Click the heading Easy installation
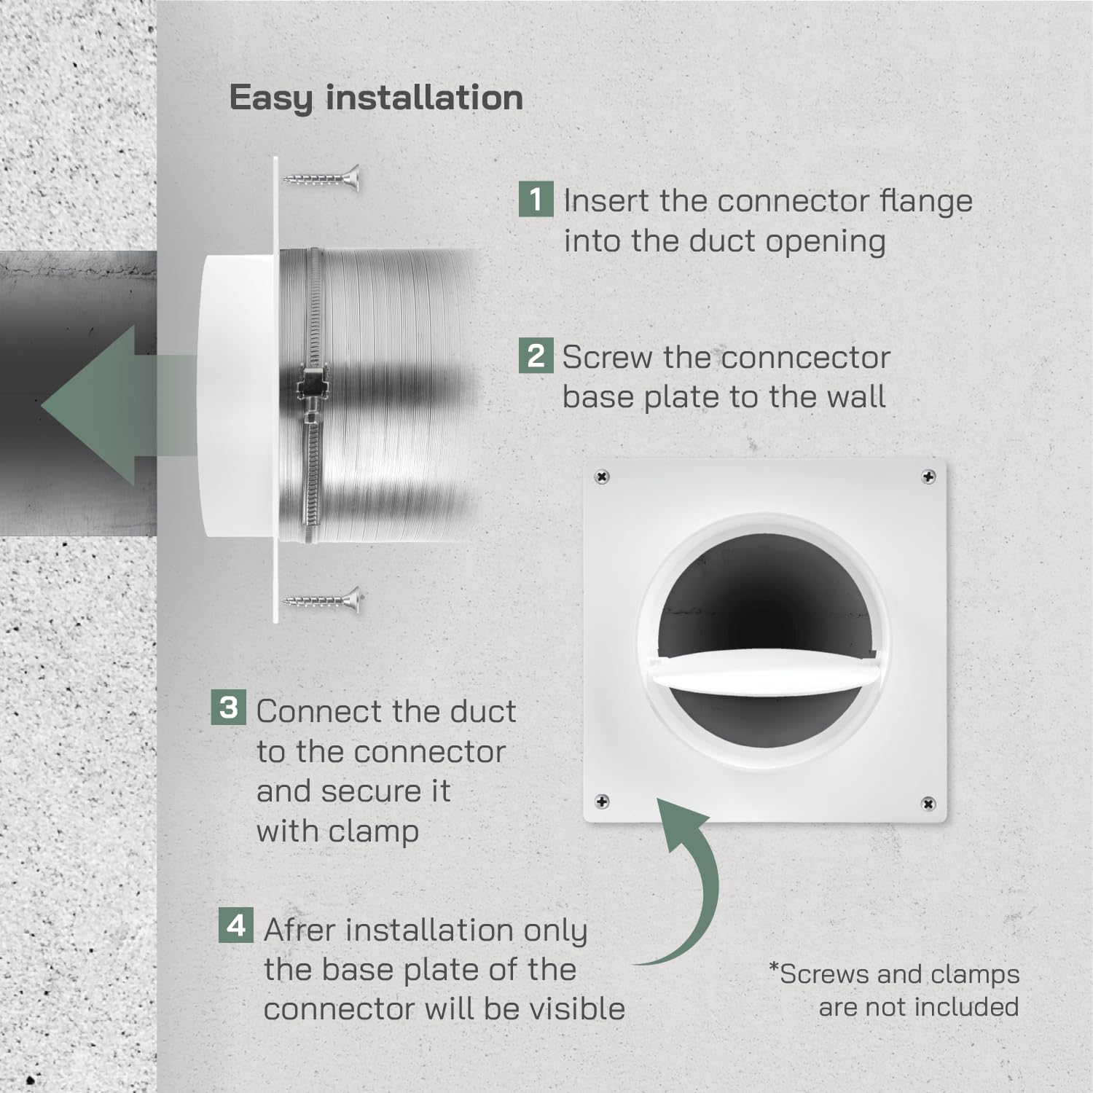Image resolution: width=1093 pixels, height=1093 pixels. tap(376, 98)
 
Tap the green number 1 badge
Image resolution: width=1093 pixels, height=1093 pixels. tap(536, 199)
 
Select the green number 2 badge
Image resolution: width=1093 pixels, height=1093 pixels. tap(536, 356)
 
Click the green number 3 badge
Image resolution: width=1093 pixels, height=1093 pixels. tap(228, 708)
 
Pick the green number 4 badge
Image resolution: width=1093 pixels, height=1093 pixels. tap(236, 925)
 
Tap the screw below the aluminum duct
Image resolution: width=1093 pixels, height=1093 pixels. tap(322, 600)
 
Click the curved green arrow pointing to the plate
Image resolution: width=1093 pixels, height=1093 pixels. tap(685, 882)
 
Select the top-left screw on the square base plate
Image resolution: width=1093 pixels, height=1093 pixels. tap(602, 477)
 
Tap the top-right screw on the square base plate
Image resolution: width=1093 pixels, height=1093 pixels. tap(928, 477)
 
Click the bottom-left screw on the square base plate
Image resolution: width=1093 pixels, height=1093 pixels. tap(602, 802)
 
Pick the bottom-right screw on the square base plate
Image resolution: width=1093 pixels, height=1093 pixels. tap(928, 804)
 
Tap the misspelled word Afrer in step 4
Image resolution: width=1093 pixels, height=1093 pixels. tap(300, 931)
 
